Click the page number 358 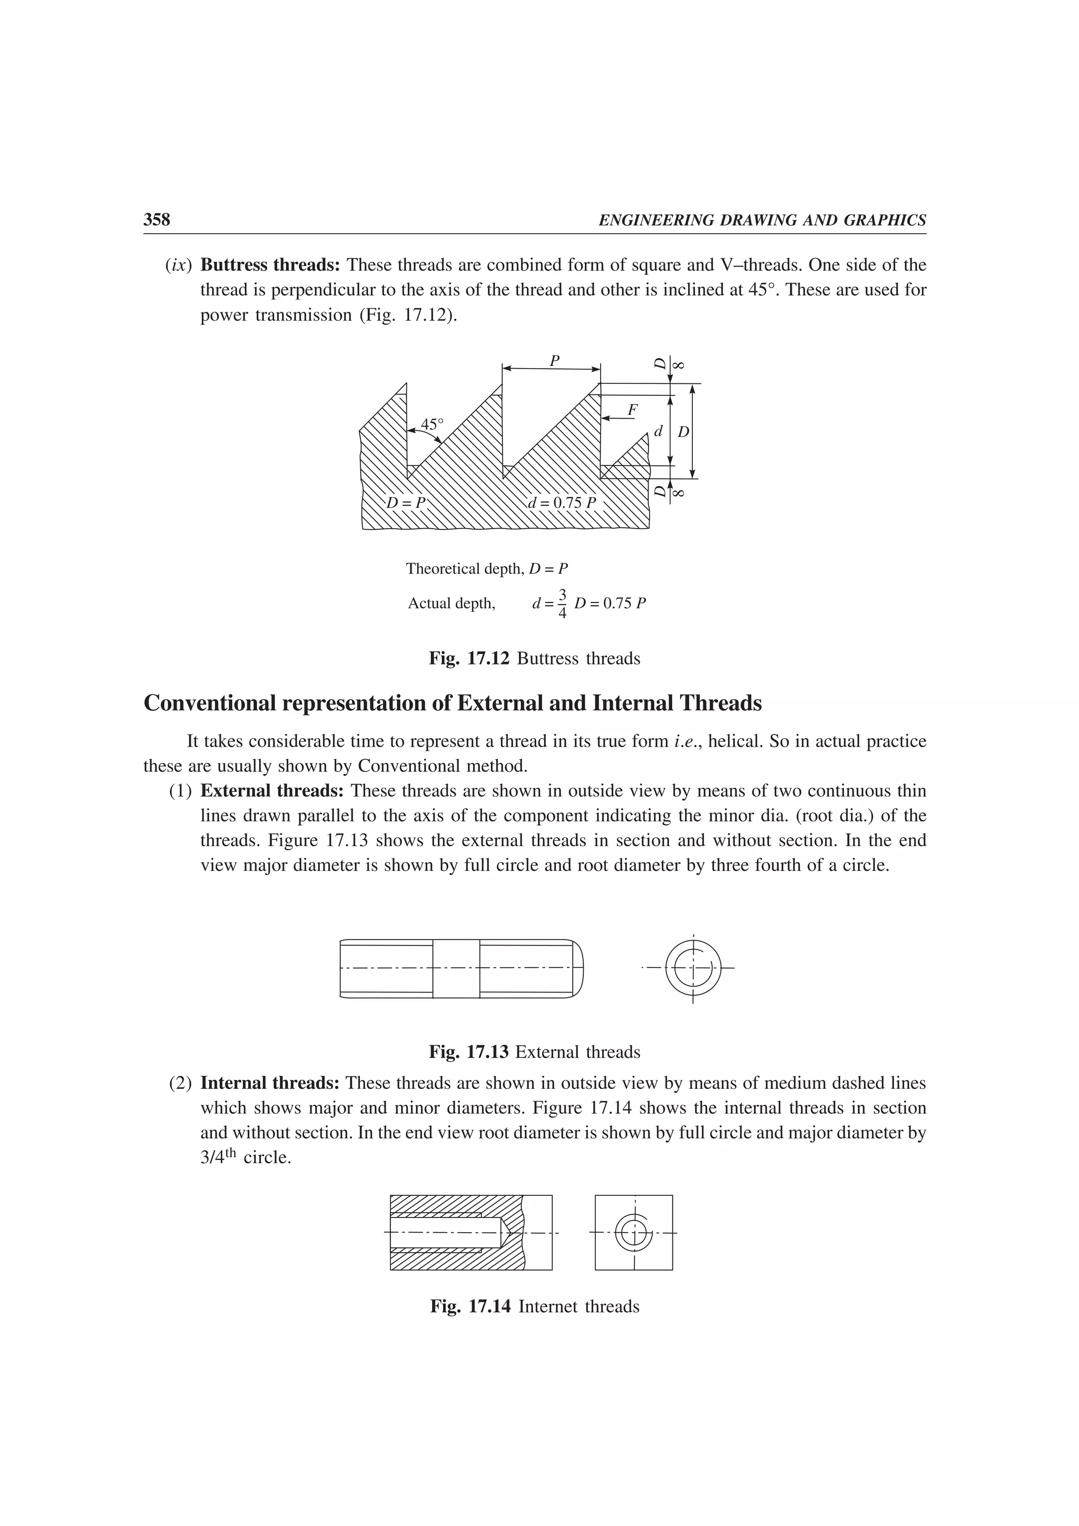pyautogui.click(x=157, y=220)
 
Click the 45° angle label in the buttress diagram pyautogui.click(x=432, y=424)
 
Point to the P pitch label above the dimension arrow pyautogui.click(x=554, y=361)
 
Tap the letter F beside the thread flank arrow pyautogui.click(x=632, y=411)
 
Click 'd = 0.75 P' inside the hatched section pyautogui.click(x=563, y=502)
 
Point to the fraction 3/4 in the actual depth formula pyautogui.click(x=563, y=603)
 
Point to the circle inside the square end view pyautogui.click(x=634, y=1233)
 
